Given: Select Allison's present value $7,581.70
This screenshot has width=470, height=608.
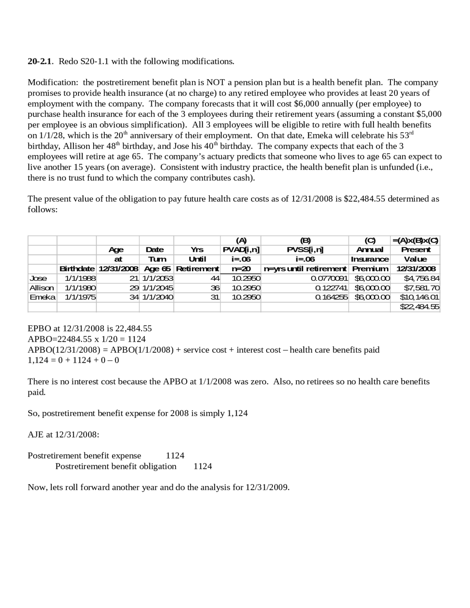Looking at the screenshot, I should [421, 288].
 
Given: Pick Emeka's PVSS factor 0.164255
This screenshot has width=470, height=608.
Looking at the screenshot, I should [331, 297].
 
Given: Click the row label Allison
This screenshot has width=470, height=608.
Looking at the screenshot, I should [41, 288].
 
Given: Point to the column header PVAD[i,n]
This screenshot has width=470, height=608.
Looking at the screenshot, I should [241, 250].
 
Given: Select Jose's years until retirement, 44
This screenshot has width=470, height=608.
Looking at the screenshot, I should [215, 278].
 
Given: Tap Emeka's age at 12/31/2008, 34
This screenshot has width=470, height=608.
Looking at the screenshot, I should [134, 297].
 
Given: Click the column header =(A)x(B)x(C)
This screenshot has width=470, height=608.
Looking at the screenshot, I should [415, 241].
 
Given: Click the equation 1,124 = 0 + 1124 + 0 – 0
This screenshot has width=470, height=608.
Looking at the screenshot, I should [73, 360].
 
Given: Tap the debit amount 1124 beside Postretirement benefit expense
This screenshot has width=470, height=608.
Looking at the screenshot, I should [175, 456].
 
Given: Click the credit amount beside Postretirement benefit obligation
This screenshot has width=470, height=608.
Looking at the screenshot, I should [203, 466].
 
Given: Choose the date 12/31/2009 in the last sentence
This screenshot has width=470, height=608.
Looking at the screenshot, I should [266, 488].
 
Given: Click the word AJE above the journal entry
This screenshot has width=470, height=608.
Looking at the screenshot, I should [35, 435].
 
